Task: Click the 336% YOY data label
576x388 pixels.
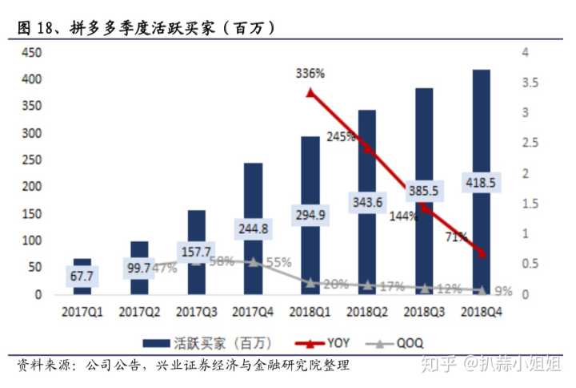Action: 310,74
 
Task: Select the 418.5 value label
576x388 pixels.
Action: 480,183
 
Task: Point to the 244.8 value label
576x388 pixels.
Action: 253,230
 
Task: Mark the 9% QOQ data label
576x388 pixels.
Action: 504,291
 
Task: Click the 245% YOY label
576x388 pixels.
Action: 340,137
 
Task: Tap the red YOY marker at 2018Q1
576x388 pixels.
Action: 310,93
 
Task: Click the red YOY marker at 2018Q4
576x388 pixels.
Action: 481,253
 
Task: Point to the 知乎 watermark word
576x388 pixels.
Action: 440,365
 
